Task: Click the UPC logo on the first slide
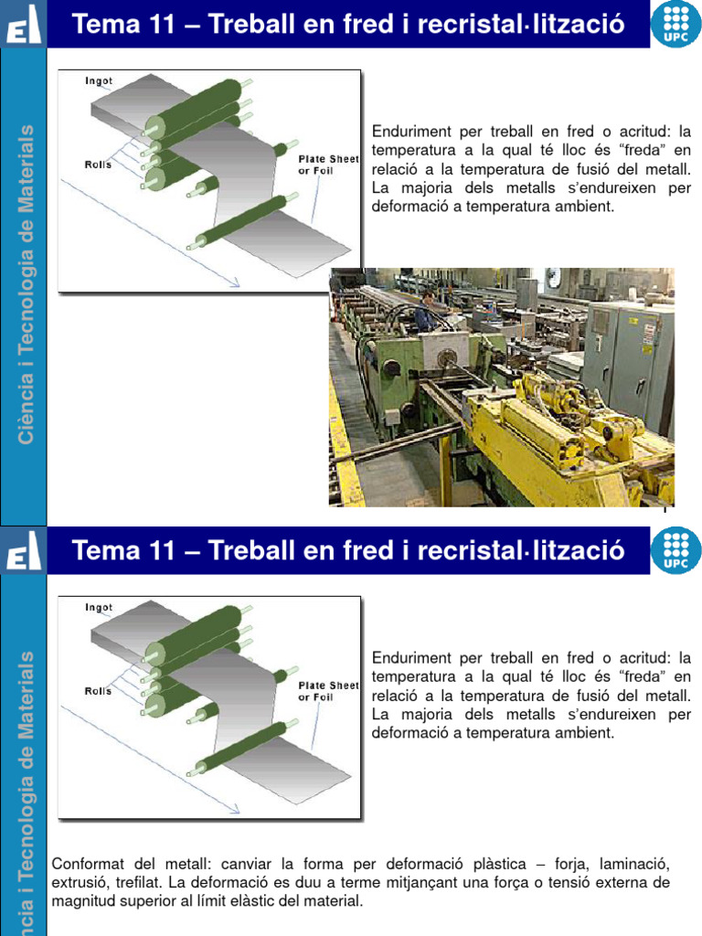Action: click(675, 25)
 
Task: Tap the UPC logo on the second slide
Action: click(675, 551)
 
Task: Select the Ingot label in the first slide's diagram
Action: click(99, 80)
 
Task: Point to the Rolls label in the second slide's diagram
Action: click(98, 691)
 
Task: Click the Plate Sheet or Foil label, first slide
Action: click(328, 165)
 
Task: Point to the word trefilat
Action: click(140, 883)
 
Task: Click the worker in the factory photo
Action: click(425, 312)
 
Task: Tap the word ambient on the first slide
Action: click(585, 206)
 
